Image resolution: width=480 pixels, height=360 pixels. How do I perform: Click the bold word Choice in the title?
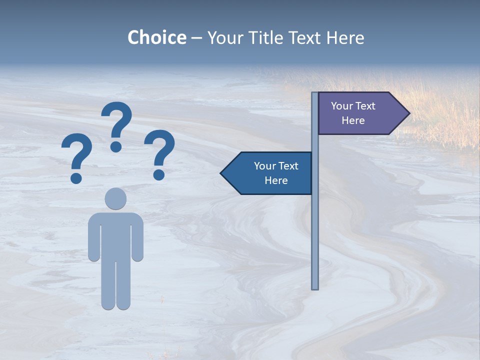[156, 37]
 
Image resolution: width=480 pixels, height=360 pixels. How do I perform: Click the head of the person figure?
[115, 198]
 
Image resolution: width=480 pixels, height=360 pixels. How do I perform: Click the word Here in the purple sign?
[353, 120]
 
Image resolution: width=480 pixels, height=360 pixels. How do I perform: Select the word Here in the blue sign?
[276, 180]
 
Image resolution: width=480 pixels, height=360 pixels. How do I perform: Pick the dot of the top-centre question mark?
[116, 146]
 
